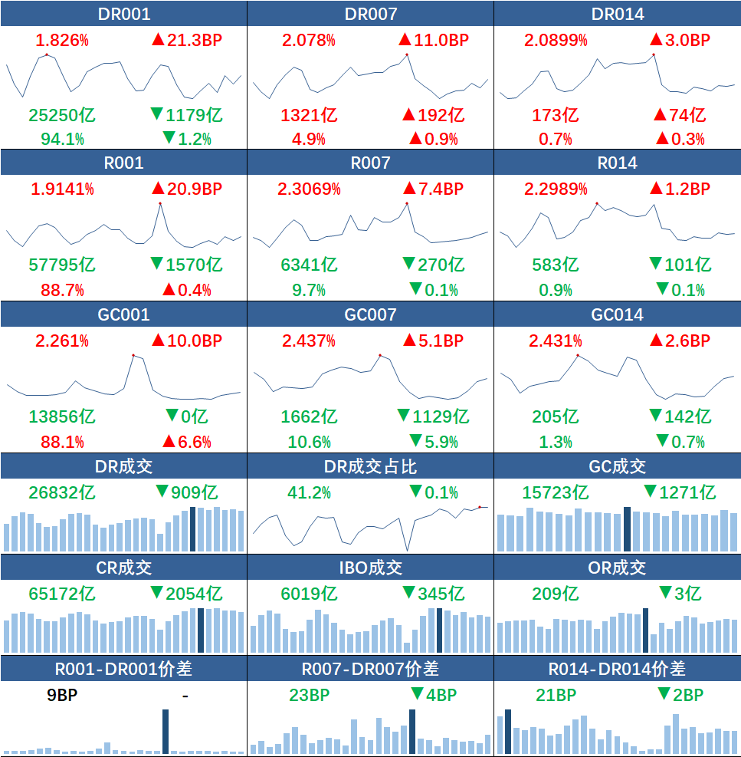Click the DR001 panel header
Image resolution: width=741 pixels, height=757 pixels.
[x=123, y=14]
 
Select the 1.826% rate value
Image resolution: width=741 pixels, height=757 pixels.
[x=57, y=40]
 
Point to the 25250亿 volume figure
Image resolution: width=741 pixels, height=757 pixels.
[x=62, y=115]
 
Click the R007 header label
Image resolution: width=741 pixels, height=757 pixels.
[x=370, y=163]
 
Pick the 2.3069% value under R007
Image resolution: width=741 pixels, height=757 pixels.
[x=309, y=189]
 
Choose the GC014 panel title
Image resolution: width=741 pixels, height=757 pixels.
[x=617, y=314]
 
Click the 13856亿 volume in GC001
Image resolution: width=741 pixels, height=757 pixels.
[x=62, y=416]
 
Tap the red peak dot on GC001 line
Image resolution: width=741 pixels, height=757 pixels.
[x=133, y=355]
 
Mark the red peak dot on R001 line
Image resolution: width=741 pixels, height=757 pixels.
[x=160, y=203]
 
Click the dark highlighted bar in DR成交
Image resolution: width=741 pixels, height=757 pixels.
[x=192, y=529]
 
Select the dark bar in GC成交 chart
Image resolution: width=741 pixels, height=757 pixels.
[x=627, y=529]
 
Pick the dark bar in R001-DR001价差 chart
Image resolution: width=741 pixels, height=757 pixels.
[x=166, y=732]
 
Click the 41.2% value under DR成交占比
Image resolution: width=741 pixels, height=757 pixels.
[x=309, y=492]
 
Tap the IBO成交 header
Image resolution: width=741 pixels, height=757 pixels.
[x=370, y=568]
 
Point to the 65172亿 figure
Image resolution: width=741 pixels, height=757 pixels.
[x=62, y=593]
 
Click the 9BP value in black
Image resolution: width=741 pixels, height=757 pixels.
[x=62, y=695]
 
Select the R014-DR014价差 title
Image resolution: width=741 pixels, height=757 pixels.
[x=617, y=669]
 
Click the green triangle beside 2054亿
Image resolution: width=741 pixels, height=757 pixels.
[x=157, y=592]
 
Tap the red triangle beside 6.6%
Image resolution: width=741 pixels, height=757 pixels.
[x=169, y=441]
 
